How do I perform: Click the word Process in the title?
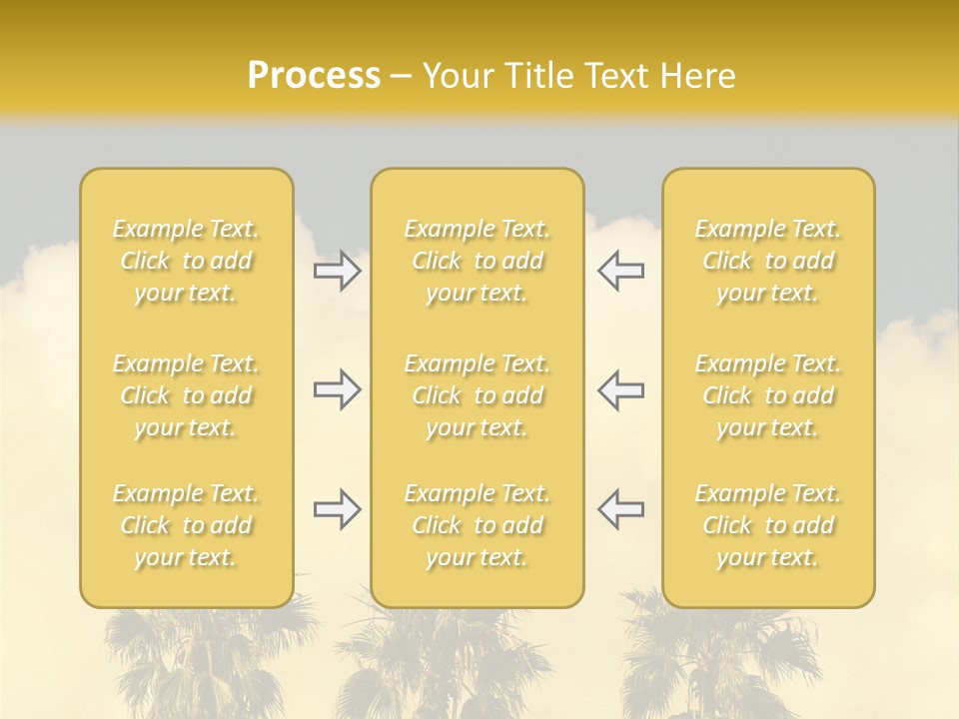314,76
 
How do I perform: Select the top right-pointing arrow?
337,271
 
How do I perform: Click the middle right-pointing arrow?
337,390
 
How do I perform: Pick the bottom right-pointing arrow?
337,510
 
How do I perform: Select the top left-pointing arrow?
620,271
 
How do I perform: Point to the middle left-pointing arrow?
620,390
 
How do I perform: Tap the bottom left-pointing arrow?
620,510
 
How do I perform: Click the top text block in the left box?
186,261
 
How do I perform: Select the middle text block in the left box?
186,395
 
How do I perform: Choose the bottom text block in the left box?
186,525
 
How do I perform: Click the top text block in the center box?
477,261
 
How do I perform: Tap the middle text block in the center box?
477,395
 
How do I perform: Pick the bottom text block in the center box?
477,525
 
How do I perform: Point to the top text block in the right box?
767,261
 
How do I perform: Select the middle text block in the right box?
767,395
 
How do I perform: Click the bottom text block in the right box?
767,525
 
